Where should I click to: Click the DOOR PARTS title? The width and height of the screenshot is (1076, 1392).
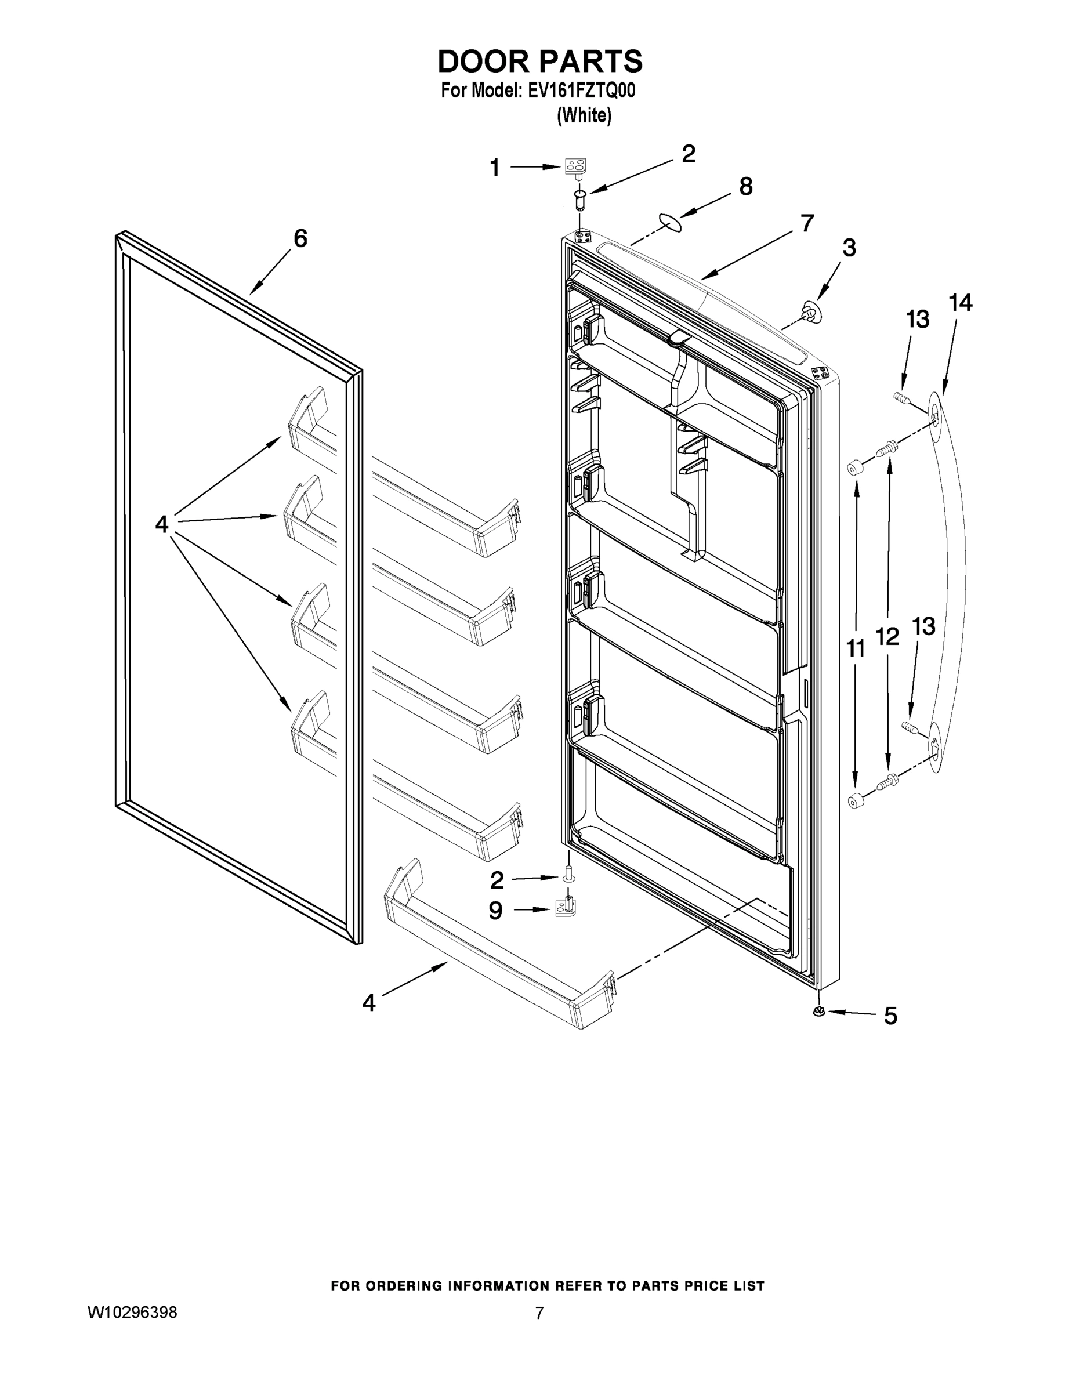coord(539,62)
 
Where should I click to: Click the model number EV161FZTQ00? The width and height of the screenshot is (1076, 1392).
coord(581,91)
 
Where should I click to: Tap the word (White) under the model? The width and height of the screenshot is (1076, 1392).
coord(584,115)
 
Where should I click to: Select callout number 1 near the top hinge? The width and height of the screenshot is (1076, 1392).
coord(495,168)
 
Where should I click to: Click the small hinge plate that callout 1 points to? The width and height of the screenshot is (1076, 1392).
coord(575,168)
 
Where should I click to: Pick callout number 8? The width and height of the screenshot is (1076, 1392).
coord(746,187)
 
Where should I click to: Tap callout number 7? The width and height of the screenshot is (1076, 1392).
coord(807,224)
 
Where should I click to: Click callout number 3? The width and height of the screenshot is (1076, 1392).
coord(849,248)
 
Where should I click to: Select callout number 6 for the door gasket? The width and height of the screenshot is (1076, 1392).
coord(300,238)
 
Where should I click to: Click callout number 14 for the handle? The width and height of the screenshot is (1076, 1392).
coord(960,303)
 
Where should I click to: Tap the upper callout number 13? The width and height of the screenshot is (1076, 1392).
coord(918,320)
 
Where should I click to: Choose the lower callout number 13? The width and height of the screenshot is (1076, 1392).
coord(923,626)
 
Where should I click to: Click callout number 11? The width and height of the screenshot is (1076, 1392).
coord(856,649)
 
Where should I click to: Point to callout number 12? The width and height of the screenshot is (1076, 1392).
coord(887,636)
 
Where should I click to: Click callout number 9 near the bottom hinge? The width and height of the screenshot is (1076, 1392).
coord(495,911)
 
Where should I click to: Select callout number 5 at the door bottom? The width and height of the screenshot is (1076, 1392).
coord(890,1016)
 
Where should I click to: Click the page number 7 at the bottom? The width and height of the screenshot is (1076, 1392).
coord(539,1314)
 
